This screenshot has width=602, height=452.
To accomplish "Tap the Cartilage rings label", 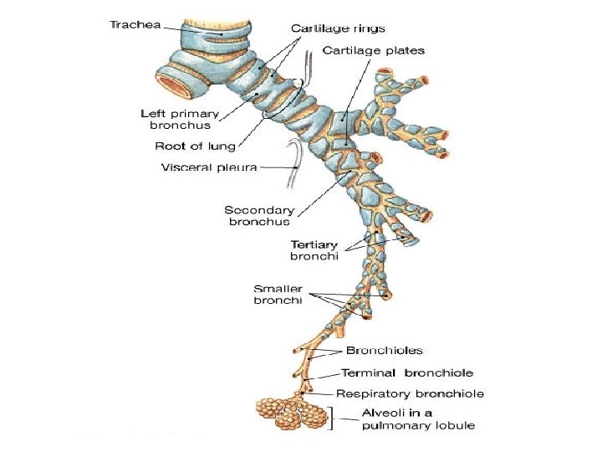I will point(338,28).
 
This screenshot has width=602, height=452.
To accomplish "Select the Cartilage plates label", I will point(374,50).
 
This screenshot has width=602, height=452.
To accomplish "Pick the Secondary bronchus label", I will point(259,216).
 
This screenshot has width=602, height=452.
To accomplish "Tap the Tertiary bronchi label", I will point(314,250).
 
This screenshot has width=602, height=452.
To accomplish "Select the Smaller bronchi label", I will point(278,295).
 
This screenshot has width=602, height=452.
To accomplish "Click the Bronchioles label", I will point(385,351).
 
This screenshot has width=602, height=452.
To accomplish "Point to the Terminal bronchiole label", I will point(407,372).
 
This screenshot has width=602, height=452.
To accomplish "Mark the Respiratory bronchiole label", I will point(410,393).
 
